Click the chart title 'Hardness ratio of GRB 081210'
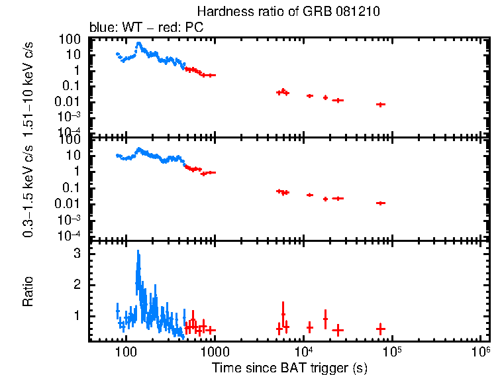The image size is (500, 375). coord(288,12)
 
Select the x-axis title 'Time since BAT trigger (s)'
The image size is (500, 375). coord(289,367)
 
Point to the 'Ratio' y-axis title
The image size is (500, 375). coord(28,291)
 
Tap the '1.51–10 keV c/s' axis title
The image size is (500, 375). coord(28,85)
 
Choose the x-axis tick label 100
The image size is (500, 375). coord(125,351)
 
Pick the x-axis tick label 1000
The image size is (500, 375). coord(213,351)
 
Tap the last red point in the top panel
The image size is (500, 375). coord(380,105)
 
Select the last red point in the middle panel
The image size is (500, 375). coord(380,203)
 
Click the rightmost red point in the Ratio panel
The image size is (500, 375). coord(380,329)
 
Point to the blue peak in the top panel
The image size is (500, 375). coord(138,44)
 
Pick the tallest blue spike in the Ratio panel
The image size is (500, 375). coord(138,252)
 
